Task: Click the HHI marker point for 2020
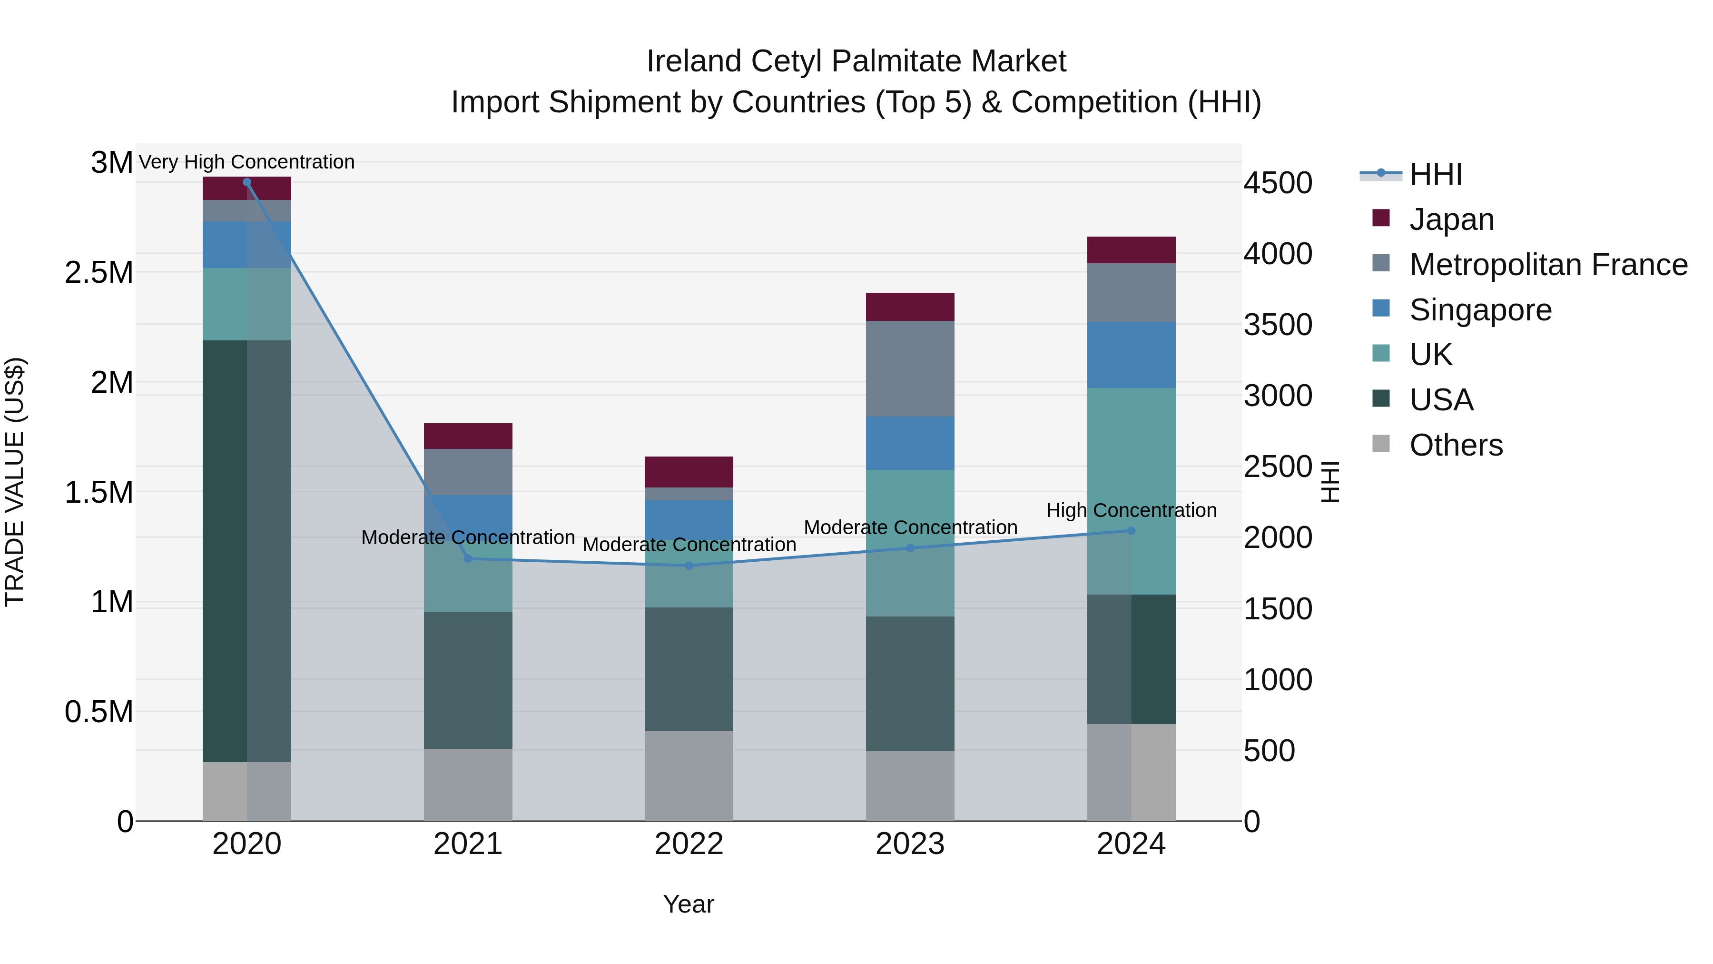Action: coord(246,182)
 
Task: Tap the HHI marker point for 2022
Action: coord(689,566)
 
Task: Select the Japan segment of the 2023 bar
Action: coord(910,307)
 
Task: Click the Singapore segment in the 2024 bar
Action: coord(1131,355)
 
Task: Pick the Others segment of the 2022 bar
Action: coord(689,776)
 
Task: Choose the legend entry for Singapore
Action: coord(1480,310)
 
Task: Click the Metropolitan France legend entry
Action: coord(1548,265)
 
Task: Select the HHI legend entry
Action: coord(1435,174)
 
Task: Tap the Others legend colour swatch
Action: coord(1381,444)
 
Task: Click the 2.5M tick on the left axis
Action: coord(99,273)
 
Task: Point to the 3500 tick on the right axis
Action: coord(1278,325)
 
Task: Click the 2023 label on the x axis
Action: coord(910,844)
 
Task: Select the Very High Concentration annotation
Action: coord(246,162)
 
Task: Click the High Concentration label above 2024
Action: coord(1131,510)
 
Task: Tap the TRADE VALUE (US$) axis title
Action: coord(15,482)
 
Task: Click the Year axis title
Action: coord(688,904)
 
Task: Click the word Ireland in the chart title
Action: coord(694,61)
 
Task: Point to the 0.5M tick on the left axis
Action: coord(99,712)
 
